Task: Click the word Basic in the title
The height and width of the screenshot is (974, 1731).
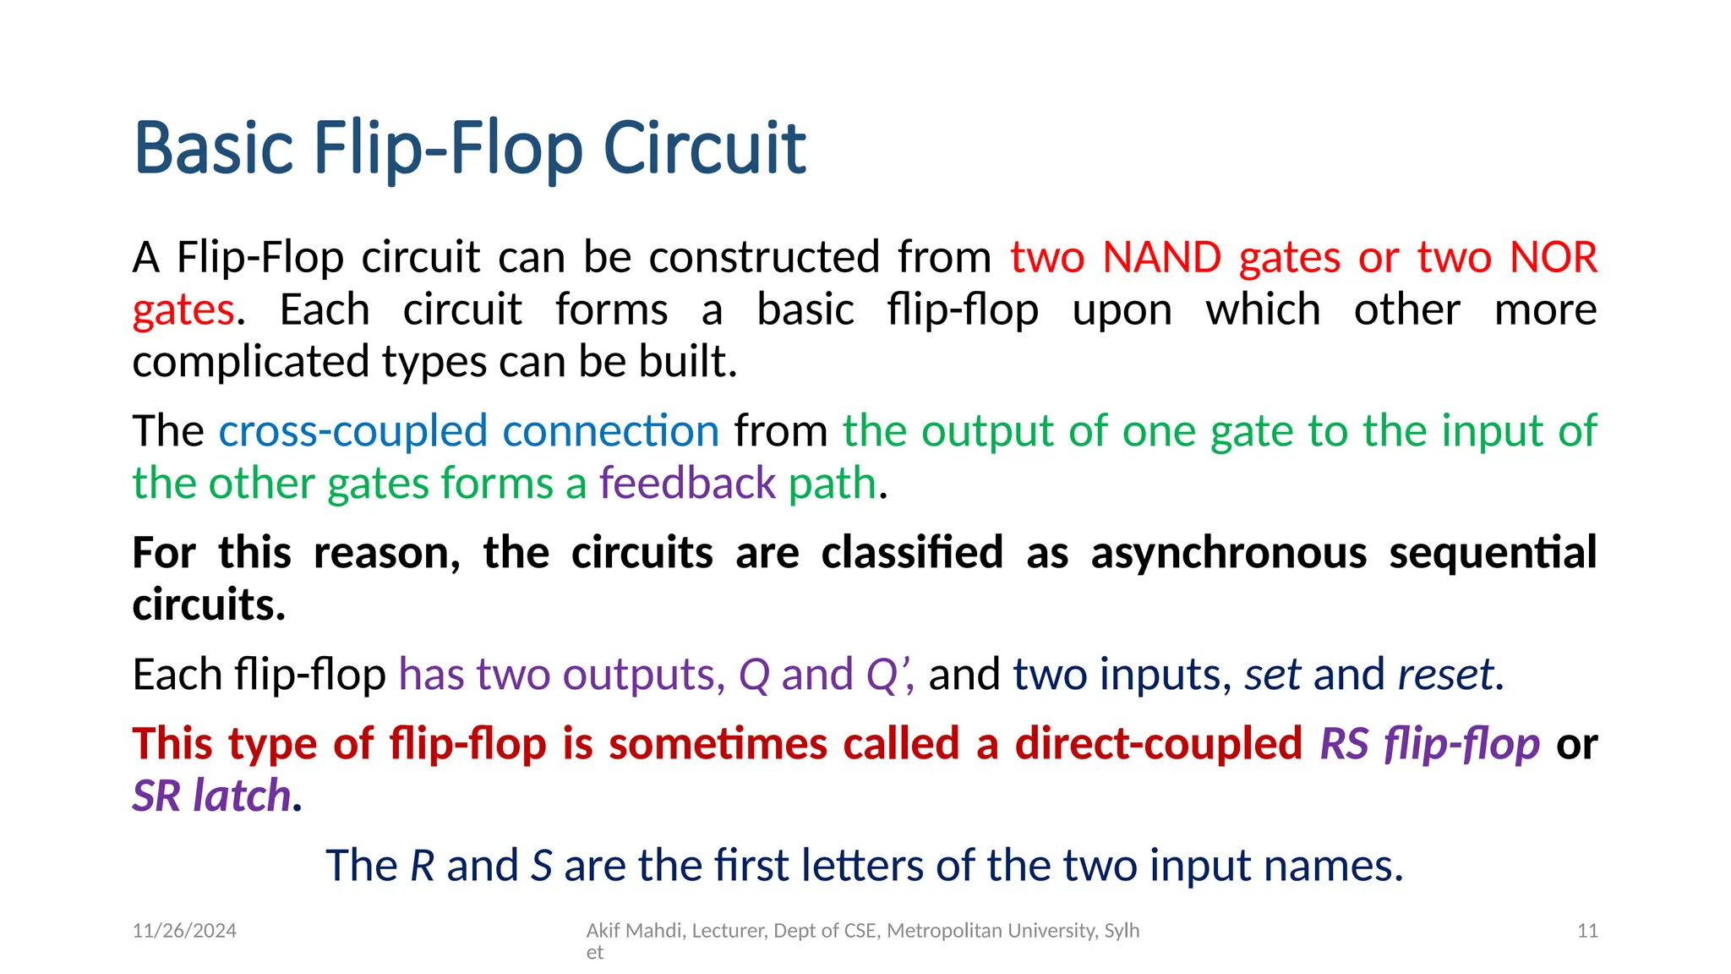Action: (x=214, y=149)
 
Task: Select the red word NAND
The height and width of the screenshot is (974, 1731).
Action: (x=1162, y=257)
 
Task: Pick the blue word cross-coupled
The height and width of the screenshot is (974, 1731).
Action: (x=353, y=431)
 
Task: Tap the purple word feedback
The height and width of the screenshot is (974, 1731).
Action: (x=687, y=484)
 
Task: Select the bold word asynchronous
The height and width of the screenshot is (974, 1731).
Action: (x=1228, y=553)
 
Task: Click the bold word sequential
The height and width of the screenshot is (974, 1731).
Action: (x=1493, y=553)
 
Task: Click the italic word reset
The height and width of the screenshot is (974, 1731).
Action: (x=1446, y=675)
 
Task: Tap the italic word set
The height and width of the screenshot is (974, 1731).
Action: (x=1272, y=675)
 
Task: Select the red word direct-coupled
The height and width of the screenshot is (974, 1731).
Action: (x=1158, y=744)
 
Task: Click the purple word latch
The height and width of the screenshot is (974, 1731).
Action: (x=242, y=796)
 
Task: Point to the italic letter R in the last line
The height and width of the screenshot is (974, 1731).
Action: (x=422, y=866)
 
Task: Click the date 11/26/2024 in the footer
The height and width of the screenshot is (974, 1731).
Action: (x=184, y=931)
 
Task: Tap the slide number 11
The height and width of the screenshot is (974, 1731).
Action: (x=1587, y=931)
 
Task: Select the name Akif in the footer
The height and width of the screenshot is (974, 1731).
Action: (x=603, y=931)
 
